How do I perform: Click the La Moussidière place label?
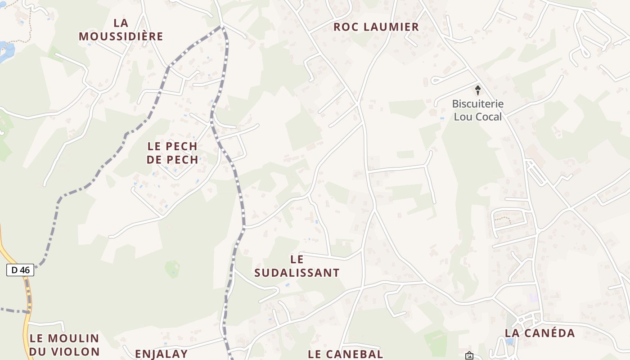click(121, 30)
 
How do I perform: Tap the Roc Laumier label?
click(376, 27)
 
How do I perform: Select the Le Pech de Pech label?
click(172, 153)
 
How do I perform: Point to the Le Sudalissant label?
click(297, 266)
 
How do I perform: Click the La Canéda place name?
click(540, 333)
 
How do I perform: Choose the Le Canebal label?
click(346, 354)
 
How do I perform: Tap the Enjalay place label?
click(161, 354)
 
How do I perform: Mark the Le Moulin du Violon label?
click(64, 345)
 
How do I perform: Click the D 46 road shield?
click(20, 270)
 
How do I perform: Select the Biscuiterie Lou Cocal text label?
click(477, 110)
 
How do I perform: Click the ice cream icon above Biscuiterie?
click(478, 90)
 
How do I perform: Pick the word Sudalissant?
click(297, 273)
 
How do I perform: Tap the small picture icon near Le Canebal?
click(469, 355)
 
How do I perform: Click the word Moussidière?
click(121, 36)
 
